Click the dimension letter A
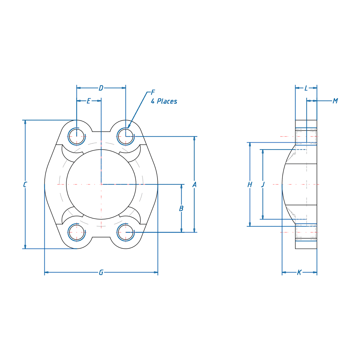[194, 184]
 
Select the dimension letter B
[181, 208]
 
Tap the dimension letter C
[25, 184]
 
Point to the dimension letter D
[101, 88]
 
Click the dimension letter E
[89, 101]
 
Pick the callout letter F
[153, 92]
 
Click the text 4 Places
[164, 101]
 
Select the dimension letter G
[101, 272]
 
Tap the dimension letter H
[250, 184]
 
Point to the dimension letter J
[263, 184]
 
